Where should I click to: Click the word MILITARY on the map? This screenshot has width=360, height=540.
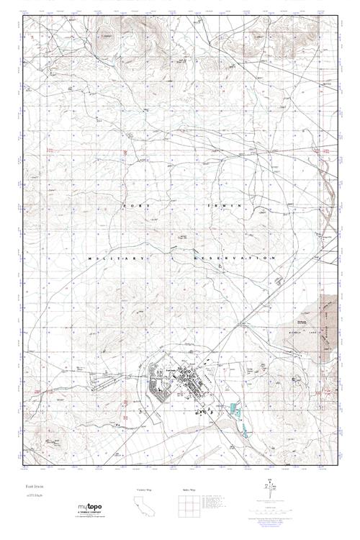[x=114, y=257]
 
